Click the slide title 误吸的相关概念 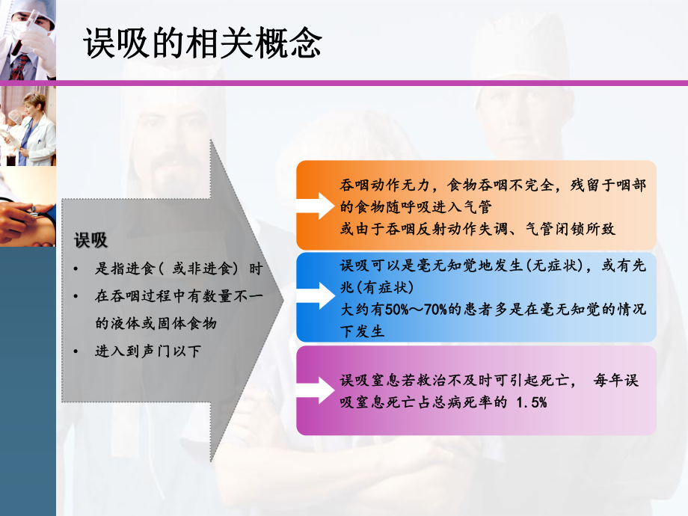pos(202,44)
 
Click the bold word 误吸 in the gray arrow pos(90,241)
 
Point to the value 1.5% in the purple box pos(532,403)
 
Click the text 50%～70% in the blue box pos(408,310)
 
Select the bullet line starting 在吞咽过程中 pos(179,297)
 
